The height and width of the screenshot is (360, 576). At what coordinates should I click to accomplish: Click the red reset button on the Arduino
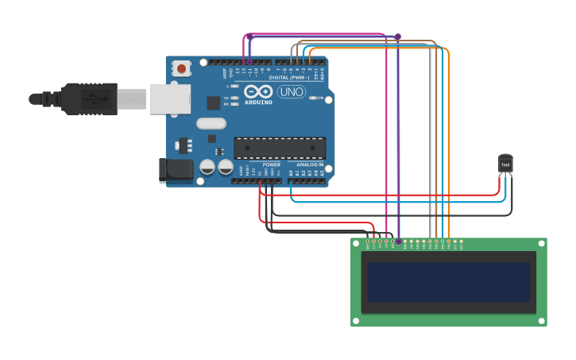(182, 69)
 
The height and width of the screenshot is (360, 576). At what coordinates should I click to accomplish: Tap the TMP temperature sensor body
(505, 164)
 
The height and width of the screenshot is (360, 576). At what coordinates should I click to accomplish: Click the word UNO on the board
(292, 92)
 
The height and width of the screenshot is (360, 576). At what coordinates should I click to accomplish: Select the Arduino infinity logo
(258, 91)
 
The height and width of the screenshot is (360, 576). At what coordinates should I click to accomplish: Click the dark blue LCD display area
(449, 282)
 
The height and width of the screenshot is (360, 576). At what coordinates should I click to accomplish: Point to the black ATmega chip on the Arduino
(280, 148)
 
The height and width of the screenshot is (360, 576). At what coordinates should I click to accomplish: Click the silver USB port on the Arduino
(169, 99)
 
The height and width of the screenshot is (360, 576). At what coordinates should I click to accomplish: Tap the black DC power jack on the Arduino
(176, 169)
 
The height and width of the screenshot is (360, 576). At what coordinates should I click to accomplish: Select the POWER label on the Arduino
(271, 165)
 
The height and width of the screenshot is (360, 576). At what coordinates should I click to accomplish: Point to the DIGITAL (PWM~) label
(290, 78)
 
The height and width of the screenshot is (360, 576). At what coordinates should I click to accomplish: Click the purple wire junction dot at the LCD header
(398, 241)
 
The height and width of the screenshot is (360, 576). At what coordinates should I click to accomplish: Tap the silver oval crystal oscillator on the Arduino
(211, 123)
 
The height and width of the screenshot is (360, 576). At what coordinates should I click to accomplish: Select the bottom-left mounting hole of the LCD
(356, 321)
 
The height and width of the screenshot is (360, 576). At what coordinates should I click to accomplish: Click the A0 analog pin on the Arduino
(292, 180)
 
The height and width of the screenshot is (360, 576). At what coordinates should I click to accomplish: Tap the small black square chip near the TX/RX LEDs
(214, 103)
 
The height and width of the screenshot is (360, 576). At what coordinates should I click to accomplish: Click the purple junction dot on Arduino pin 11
(249, 61)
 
